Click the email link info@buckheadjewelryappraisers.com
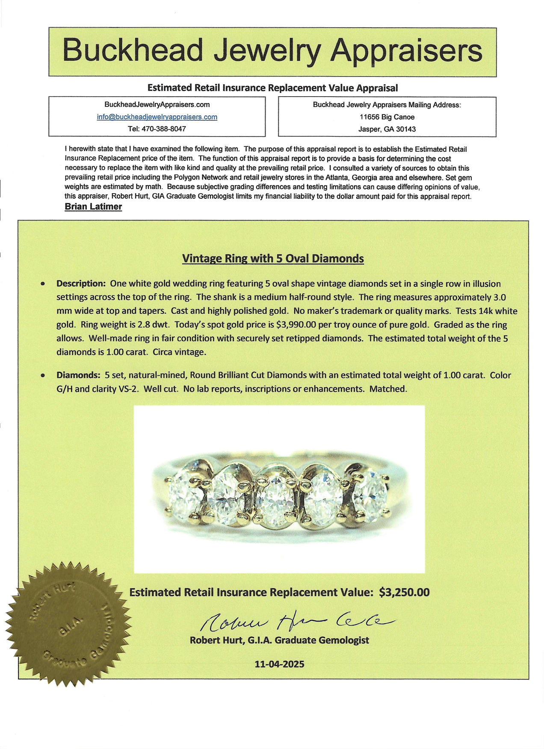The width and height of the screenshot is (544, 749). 157,117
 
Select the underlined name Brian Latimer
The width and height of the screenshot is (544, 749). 93,206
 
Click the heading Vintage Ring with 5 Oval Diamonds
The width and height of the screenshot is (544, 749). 273,259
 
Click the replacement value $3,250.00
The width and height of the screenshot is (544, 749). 404,592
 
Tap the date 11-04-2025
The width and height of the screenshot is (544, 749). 279,664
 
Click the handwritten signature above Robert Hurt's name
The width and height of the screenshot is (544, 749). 295,622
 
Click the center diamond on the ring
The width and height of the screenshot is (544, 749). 277,501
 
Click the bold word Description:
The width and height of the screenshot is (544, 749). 81,283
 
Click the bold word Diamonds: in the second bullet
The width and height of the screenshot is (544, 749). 78,375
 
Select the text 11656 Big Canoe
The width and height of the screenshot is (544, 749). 387,117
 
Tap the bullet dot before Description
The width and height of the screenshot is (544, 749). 43,283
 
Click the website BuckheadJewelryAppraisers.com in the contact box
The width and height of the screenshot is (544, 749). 157,104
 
